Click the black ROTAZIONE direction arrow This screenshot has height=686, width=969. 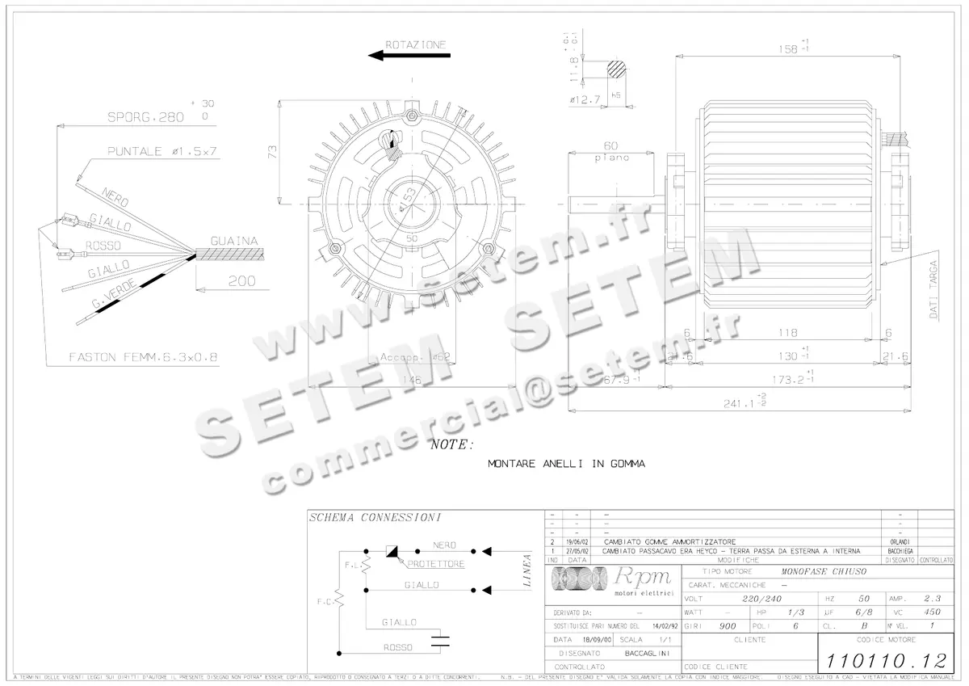(x=409, y=56)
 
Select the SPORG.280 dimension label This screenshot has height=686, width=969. (x=146, y=116)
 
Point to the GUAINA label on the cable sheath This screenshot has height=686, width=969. (x=233, y=241)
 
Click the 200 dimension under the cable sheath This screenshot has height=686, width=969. (x=240, y=281)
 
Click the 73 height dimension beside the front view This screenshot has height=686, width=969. (x=272, y=151)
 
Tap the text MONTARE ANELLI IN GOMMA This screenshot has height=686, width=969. (x=566, y=464)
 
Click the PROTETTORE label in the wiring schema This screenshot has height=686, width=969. (x=435, y=564)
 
